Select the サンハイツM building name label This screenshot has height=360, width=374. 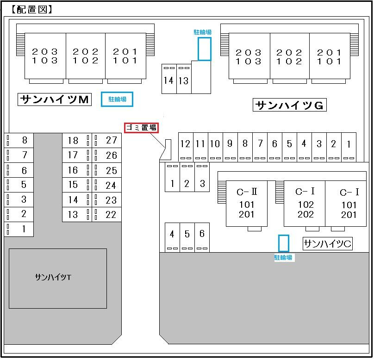[x=55, y=99]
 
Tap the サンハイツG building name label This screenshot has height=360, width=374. [x=290, y=105]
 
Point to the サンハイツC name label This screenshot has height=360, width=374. [x=328, y=244]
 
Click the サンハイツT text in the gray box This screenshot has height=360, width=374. [x=53, y=277]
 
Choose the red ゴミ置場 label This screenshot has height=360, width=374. [x=141, y=128]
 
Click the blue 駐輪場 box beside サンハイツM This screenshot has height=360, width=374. [x=117, y=99]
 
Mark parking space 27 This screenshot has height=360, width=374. [x=106, y=140]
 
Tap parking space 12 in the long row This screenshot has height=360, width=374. [x=186, y=147]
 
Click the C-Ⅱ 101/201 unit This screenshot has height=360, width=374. [x=247, y=204]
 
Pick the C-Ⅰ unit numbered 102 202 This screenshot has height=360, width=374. [x=305, y=204]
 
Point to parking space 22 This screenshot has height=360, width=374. [x=106, y=215]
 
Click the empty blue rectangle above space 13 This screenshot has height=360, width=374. [x=205, y=49]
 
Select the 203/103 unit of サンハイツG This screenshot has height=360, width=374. [x=249, y=56]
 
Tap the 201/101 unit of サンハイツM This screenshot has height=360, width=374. [x=125, y=56]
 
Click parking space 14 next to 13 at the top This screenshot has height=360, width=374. [x=169, y=79]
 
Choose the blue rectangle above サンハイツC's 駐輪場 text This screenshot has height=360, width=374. [x=284, y=243]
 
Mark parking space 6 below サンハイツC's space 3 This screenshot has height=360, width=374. [x=202, y=237]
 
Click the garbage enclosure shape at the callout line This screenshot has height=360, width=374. [x=166, y=150]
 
